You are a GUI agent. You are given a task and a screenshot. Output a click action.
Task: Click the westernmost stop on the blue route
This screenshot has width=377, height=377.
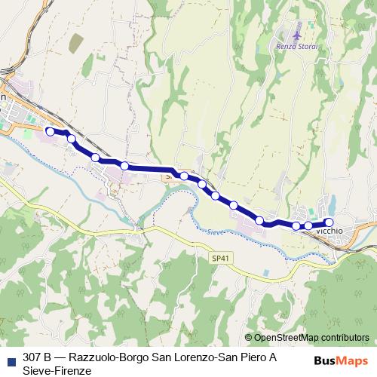coord(50,131)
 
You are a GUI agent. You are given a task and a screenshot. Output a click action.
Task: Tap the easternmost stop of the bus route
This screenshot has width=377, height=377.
coord(329,222)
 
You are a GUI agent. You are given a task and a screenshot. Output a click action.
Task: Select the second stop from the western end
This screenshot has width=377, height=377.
coord(72,139)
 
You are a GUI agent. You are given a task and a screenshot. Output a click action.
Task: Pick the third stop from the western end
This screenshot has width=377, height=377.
coord(96,157)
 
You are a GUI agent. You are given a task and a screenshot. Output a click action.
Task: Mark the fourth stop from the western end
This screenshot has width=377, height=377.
coord(124,166)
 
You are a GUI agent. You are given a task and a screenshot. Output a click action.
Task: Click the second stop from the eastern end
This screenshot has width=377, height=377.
coord(309,225)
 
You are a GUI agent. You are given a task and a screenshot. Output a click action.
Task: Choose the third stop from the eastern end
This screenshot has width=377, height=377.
coord(296,225)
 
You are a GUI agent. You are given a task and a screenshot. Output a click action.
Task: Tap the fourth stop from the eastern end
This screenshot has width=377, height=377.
coord(260,220)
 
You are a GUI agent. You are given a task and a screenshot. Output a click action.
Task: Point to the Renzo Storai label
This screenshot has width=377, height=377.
coord(296,47)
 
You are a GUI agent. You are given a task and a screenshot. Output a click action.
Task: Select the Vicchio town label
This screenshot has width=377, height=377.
coord(332,230)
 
